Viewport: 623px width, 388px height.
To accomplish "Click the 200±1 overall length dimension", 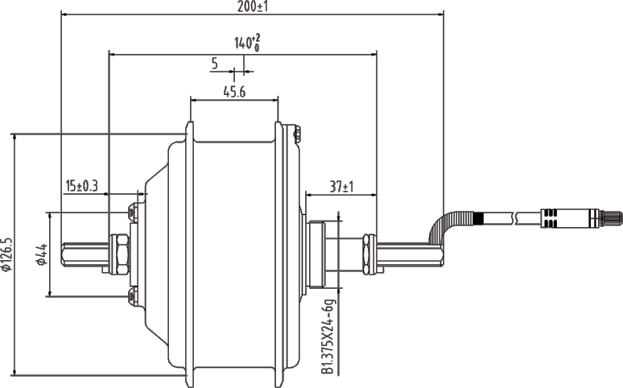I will [252, 6].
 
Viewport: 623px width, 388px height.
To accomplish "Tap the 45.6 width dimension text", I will [233, 93].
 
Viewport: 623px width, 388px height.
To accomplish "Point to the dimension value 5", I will [215, 63].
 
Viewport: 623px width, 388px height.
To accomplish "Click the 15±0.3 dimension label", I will [81, 186].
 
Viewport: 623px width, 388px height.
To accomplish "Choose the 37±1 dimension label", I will [341, 187].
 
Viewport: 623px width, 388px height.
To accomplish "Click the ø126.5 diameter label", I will [7, 254].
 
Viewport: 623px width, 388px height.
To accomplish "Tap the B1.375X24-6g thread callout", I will [328, 336].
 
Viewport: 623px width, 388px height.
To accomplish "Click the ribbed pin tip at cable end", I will [613, 217].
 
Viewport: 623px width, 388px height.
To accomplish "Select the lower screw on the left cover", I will [132, 296].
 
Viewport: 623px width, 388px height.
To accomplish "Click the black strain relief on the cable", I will [479, 217].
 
